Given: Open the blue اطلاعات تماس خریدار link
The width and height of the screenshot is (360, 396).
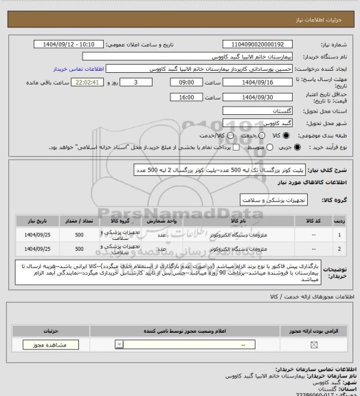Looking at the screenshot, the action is [x=78, y=69].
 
